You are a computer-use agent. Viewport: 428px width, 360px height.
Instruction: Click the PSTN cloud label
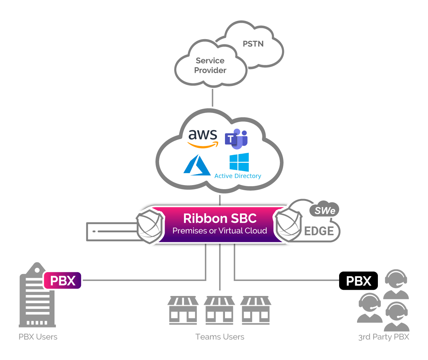point(253,44)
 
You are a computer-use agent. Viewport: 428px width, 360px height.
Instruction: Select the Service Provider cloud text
point(210,65)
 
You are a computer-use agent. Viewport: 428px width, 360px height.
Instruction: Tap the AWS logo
point(203,138)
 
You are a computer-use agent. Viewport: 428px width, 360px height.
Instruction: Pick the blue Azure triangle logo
point(197,165)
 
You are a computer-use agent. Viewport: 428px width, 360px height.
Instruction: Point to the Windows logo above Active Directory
point(239,162)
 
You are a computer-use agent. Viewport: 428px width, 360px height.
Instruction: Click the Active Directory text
point(238,176)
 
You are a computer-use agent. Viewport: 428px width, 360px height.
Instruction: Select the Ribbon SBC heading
point(219,218)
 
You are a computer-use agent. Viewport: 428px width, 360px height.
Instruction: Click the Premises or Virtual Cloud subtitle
point(219,231)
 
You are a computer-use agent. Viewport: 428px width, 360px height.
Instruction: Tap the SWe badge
point(324,210)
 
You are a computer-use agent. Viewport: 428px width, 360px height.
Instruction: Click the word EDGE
point(319,231)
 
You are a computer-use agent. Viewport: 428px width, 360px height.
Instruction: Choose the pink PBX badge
point(62,281)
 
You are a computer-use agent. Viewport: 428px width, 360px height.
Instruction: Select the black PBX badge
point(358,281)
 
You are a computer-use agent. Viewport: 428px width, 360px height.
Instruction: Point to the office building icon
point(37,296)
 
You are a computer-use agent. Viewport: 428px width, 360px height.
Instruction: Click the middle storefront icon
point(219,310)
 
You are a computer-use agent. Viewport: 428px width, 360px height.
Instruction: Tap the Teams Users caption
point(219,337)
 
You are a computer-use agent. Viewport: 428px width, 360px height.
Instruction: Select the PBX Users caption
point(38,337)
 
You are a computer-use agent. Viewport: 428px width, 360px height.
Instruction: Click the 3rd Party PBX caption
point(383,337)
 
